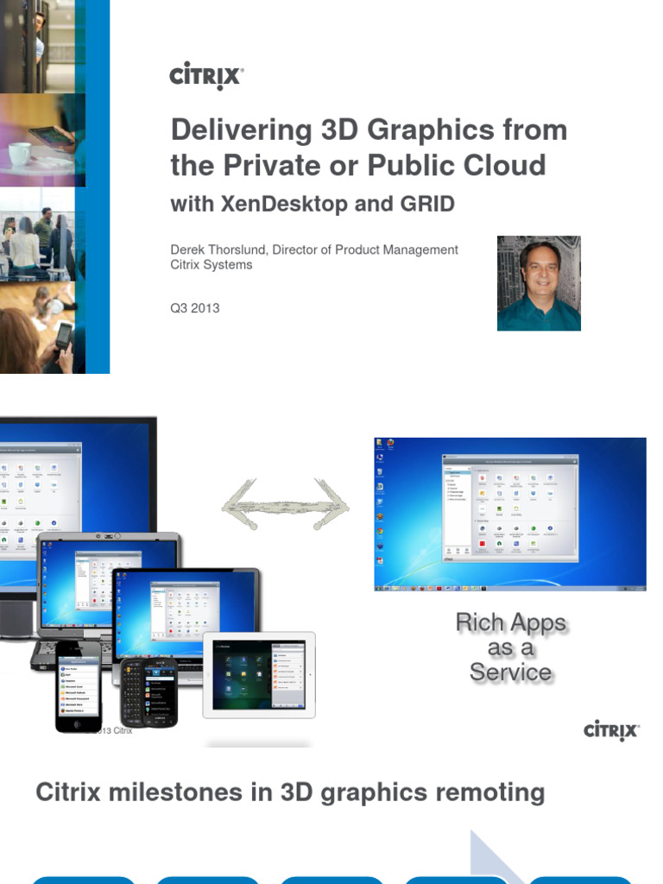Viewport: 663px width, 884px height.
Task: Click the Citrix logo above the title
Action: point(206,76)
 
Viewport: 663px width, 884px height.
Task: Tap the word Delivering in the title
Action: point(228,130)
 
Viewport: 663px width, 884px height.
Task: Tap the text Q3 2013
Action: point(194,307)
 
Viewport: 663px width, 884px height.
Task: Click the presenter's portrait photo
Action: point(539,283)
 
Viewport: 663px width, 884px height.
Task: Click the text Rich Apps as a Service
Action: point(510,647)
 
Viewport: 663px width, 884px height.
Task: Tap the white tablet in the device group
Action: point(259,675)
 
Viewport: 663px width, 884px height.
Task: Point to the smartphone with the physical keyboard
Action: point(148,691)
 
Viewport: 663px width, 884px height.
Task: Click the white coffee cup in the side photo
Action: point(20,155)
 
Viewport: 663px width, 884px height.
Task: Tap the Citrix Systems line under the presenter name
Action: point(212,264)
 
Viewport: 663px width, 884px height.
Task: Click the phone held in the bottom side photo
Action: point(63,336)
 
